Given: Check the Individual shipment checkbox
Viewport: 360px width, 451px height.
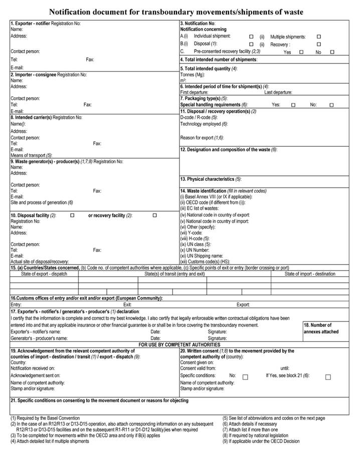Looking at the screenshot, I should tap(251, 37).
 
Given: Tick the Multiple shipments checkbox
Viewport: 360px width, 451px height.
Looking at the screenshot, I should tap(318, 37).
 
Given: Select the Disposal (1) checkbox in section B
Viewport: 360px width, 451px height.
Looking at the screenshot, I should tap(251, 44).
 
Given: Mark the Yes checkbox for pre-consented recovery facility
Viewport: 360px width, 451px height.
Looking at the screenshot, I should tap(301, 52).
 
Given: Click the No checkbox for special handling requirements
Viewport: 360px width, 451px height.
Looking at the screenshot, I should tap(331, 105).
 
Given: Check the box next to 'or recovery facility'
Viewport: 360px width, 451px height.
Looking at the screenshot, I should tap(154, 215).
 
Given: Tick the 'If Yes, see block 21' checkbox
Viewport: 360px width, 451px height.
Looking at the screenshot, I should tap(328, 377).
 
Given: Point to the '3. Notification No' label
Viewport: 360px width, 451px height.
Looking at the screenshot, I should tap(198, 24).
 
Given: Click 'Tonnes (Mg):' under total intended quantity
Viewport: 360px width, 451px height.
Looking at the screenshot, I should tap(194, 74).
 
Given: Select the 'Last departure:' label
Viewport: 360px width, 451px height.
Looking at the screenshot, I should tap(278, 92).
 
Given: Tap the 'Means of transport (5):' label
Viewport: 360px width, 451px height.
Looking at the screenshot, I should tap(31, 155).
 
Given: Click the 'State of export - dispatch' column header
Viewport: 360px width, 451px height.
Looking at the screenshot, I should tap(44, 274).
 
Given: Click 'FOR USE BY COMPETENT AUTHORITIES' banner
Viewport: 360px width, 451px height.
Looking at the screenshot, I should tap(179, 344).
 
